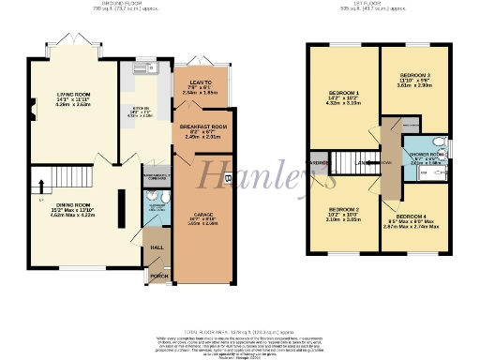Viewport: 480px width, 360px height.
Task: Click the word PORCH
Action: [158, 277]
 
